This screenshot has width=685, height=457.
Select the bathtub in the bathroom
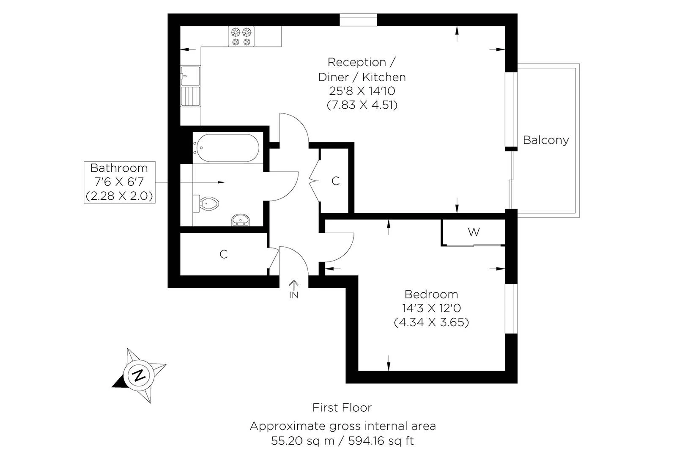pos(226,148)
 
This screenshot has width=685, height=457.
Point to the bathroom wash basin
pos(241,220)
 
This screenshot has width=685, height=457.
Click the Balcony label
pos(545,140)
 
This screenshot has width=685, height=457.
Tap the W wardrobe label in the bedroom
pos(474,232)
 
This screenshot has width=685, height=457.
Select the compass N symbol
pos(138,375)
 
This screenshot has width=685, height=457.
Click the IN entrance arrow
pos(293,286)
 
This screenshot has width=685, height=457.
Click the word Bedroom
pos(431,294)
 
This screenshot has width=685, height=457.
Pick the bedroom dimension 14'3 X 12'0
pos(431,308)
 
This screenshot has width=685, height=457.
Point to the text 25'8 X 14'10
pos(362,91)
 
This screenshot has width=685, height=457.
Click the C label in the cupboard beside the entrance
pos(224,254)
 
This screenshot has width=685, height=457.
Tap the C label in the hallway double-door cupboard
pos(335,181)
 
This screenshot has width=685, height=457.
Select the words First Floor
pos(342,408)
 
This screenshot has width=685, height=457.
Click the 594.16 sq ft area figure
pos(381,441)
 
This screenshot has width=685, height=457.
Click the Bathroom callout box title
pos(119,168)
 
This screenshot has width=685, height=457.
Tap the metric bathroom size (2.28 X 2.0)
pos(119,196)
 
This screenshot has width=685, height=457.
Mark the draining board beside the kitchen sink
pos(190,96)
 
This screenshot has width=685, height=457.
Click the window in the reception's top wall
pos(358,20)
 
